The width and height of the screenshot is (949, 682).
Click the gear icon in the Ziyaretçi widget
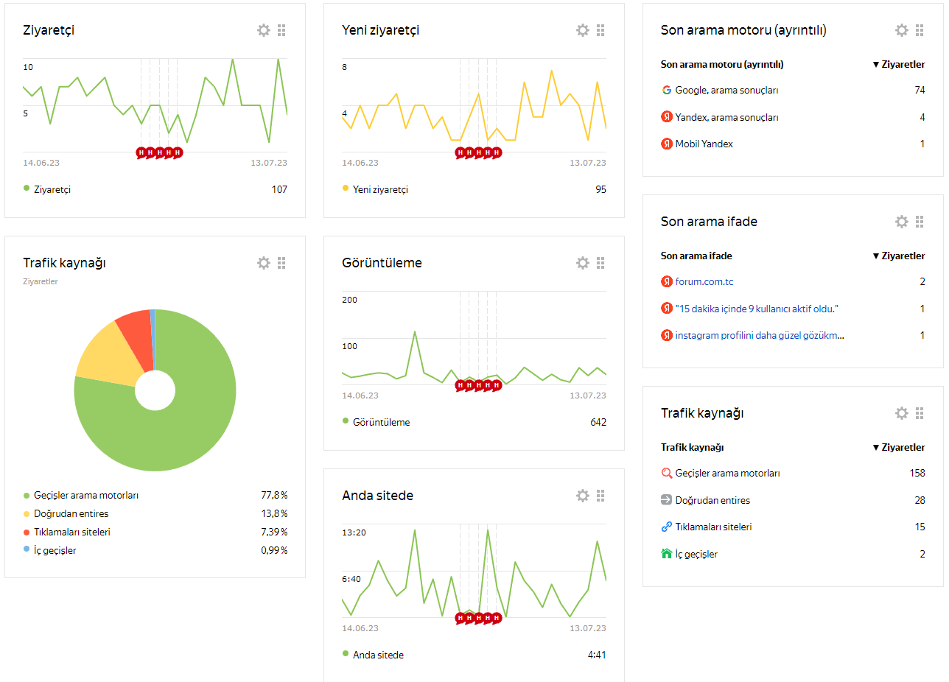coord(264,30)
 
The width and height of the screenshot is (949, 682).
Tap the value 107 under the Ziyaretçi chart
coord(279,189)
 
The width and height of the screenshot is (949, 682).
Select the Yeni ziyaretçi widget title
coord(380,30)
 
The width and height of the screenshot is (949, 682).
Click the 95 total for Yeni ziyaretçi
coord(600,189)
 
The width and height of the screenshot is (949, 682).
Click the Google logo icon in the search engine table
coord(666,90)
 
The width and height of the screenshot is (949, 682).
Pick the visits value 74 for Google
coord(920,90)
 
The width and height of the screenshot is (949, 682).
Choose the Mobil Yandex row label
coord(704,144)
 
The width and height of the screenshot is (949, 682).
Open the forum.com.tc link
coord(704,281)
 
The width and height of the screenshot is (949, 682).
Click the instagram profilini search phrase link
coord(759,336)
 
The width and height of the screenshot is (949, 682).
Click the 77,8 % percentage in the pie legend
coord(274,495)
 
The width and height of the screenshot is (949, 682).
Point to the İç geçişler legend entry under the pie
coord(55,550)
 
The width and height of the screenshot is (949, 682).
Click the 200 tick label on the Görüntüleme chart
coord(349,300)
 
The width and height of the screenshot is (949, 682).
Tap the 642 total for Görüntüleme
coord(598,422)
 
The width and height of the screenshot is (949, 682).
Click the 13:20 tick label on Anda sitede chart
coord(354,532)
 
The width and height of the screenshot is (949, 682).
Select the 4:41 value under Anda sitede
coord(597,655)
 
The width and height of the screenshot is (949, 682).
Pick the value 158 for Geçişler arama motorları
coord(917,473)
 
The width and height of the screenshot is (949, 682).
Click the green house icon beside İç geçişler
coord(666,554)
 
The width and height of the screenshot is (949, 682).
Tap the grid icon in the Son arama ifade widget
coord(920,222)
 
